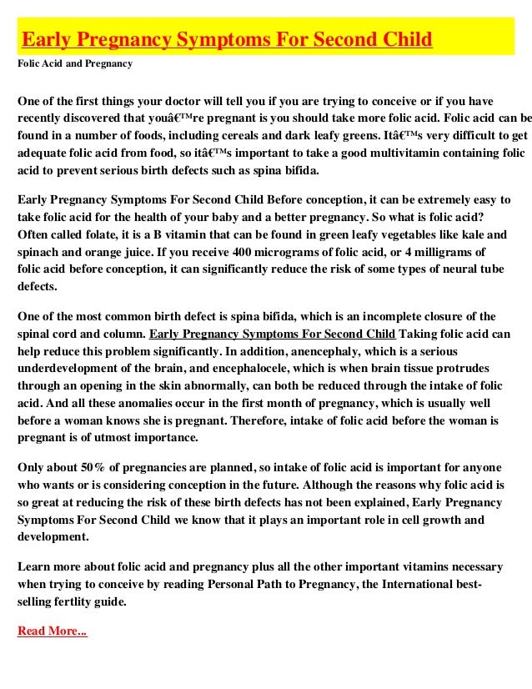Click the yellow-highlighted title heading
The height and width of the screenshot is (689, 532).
pos(226,39)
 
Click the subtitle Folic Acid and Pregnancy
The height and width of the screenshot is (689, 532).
pos(74,63)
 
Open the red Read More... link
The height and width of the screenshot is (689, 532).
pos(52,631)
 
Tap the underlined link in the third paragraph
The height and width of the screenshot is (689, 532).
pos(273,334)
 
